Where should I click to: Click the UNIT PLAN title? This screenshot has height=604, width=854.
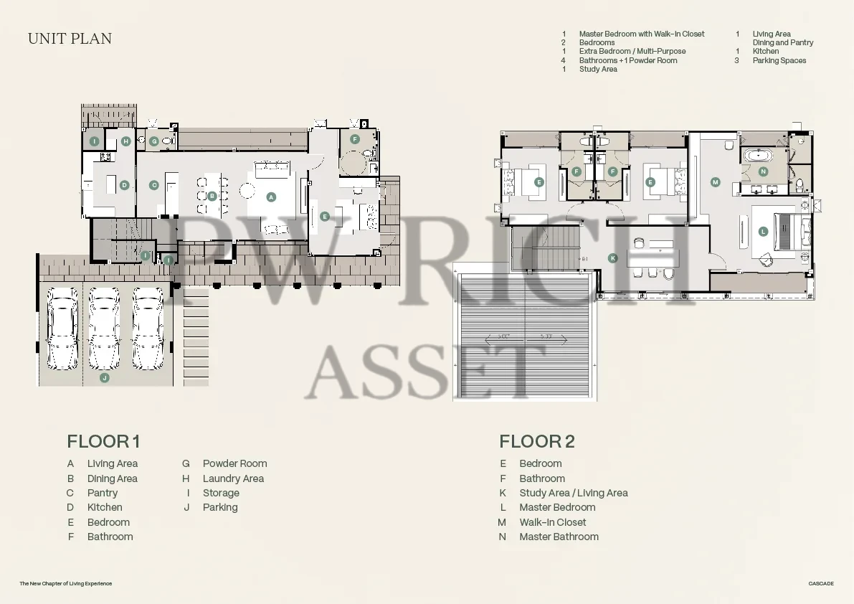[70, 39]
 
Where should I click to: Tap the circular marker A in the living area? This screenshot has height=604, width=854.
[271, 197]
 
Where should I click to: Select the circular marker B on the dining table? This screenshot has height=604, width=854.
[212, 196]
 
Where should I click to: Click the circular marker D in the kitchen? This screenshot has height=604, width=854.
[125, 185]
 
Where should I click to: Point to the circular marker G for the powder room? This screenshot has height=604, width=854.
[154, 141]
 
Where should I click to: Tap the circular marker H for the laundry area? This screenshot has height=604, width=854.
[125, 141]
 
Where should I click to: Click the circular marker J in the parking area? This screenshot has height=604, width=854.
[105, 377]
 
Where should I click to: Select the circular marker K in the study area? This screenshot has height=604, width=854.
[613, 258]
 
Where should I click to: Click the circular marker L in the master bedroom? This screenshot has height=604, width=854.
[763, 232]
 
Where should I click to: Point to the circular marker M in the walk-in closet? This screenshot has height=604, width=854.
[715, 182]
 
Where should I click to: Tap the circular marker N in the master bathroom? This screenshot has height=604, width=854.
[763, 171]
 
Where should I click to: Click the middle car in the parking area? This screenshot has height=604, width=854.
[104, 329]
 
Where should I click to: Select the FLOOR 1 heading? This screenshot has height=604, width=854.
[103, 441]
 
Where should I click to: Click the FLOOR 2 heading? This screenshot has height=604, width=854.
[537, 441]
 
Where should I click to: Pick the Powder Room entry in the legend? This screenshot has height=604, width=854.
[234, 463]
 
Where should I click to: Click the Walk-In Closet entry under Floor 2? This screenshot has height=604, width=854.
[553, 522]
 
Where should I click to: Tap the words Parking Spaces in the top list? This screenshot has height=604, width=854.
[779, 60]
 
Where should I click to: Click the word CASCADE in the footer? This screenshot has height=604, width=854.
[821, 583]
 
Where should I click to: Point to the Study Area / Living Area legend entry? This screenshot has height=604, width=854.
[574, 493]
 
